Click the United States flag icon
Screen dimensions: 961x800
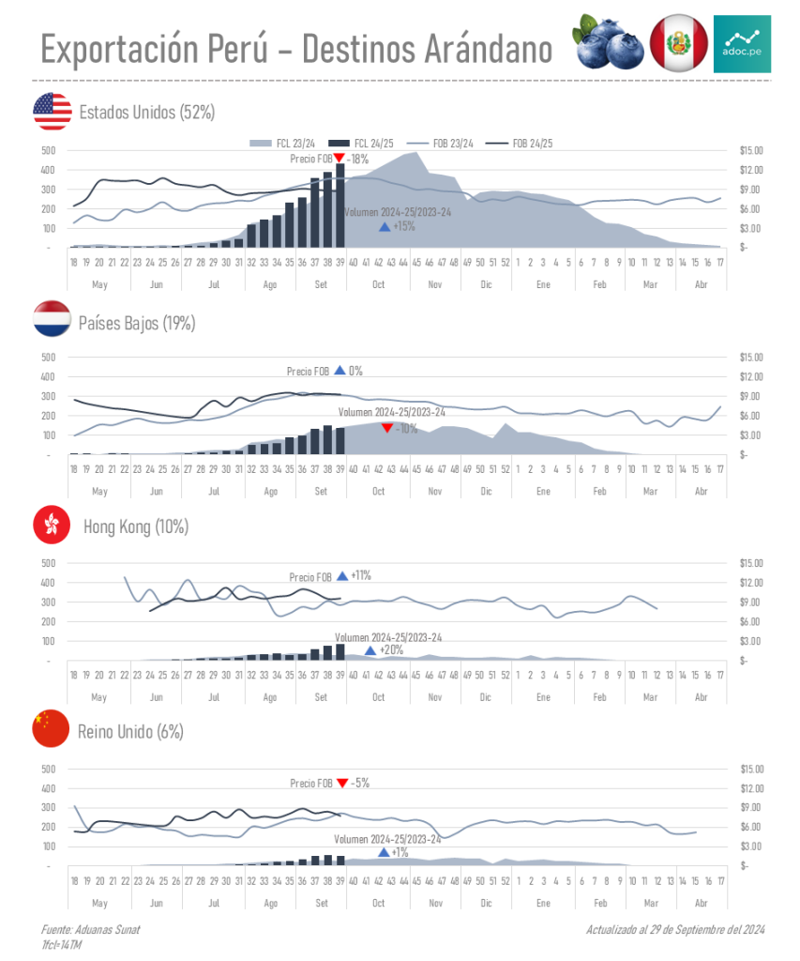click(52, 112)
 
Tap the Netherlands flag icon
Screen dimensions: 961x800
click(52, 320)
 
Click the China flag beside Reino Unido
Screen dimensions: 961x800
click(52, 729)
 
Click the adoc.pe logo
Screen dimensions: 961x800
click(742, 43)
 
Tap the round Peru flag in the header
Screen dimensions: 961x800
click(678, 43)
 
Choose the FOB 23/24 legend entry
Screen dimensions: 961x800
click(453, 143)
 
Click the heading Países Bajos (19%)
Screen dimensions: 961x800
click(137, 323)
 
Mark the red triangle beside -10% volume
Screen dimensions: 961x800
click(386, 429)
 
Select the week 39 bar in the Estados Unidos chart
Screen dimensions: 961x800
click(340, 206)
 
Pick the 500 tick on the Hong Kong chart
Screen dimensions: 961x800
click(49, 563)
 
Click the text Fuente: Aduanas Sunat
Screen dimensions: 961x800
click(90, 929)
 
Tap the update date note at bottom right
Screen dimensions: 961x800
click(675, 929)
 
